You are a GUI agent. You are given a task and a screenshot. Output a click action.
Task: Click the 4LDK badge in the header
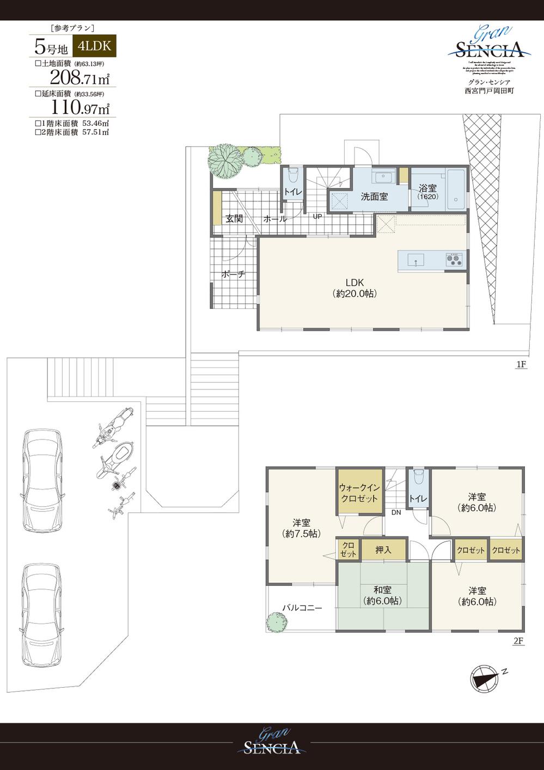coord(94,46)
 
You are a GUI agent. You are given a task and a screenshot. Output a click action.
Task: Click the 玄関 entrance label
coord(234,219)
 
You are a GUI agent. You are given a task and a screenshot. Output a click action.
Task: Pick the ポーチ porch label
coord(233,274)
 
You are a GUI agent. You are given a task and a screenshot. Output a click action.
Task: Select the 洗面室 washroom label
coord(374,197)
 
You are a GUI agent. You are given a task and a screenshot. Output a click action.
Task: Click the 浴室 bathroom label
coord(427,188)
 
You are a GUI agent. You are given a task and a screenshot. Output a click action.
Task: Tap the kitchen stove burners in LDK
coord(456,259)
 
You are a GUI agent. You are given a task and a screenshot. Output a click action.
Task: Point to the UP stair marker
coord(317,216)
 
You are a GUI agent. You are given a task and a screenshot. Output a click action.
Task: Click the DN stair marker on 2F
coord(396,512)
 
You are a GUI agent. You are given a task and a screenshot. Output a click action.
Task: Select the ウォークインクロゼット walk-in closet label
coord(359,493)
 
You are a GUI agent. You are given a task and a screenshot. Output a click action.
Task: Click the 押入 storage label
coord(383,550)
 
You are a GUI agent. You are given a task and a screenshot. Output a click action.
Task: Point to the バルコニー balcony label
coord(302,608)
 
